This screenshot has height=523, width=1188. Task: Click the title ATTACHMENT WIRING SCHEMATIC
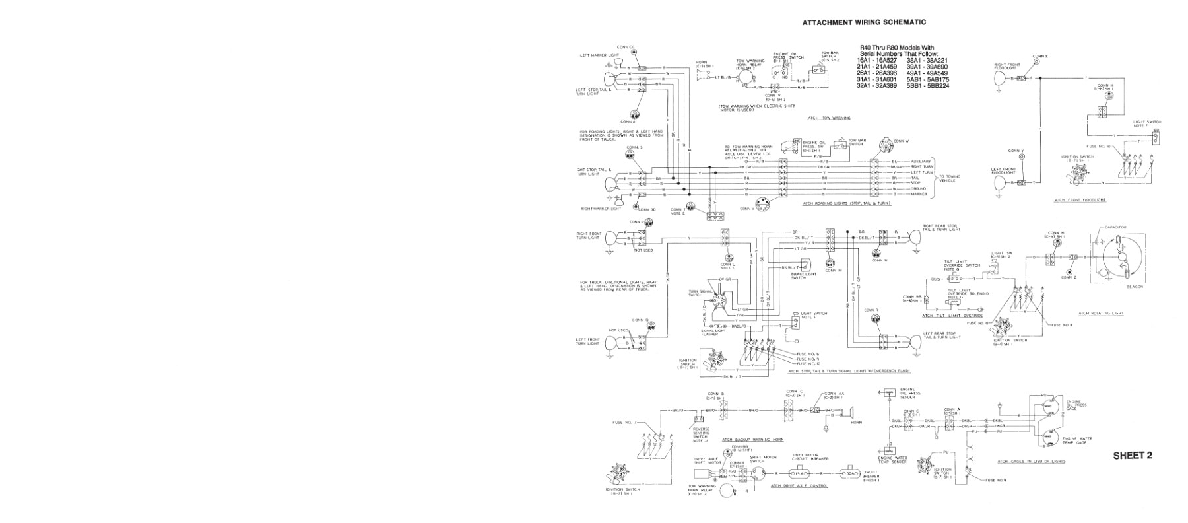pos(863,22)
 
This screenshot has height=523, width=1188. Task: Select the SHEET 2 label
pos(1133,456)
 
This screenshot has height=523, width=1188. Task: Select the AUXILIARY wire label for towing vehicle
pos(920,161)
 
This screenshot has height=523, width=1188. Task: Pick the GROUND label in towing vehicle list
pos(918,188)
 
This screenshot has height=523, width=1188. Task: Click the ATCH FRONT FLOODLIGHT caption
pos(1080,199)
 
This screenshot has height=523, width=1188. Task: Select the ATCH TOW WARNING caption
pos(829,118)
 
